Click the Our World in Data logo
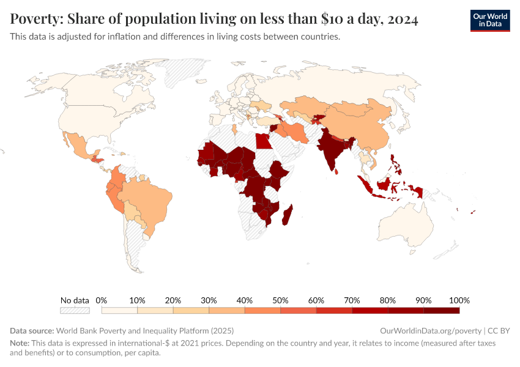click(489, 20)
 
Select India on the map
click(330, 150)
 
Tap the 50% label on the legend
click(280, 300)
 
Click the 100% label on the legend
click(459, 300)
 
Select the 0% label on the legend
click(102, 300)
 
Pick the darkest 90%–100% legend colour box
click(441, 311)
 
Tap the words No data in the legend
click(75, 300)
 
